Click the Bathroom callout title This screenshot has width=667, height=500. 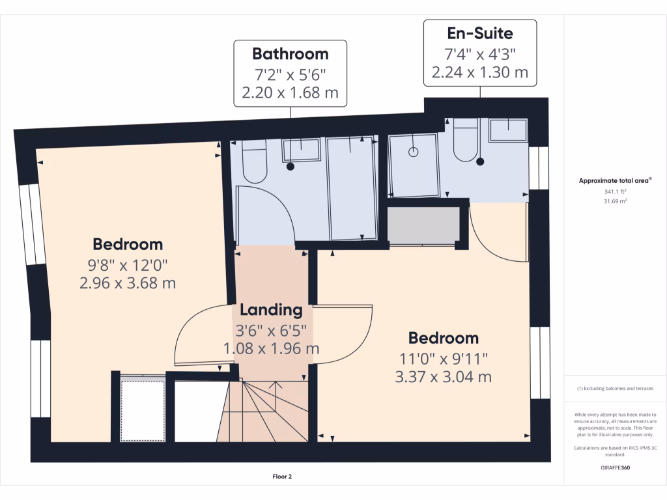pos(291,53)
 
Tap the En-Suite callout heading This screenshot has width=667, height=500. pos(480,33)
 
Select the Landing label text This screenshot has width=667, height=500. pos(271,310)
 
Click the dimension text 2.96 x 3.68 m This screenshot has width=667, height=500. pos(128,284)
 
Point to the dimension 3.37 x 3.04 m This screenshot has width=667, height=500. pos(443,376)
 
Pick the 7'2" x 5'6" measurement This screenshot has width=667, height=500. pos(291,73)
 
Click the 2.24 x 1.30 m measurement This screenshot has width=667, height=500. pos(480,72)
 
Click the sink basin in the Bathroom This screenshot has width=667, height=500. pos(301,150)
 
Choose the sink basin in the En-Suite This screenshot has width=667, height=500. pos(508,130)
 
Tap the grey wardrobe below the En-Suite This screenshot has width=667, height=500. pos(423,226)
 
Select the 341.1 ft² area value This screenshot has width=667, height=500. pos(615,191)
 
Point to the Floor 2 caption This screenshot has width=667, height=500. pos(282,477)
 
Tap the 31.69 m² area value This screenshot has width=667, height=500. pos(615,201)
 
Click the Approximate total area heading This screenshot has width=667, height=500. pos(615,181)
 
